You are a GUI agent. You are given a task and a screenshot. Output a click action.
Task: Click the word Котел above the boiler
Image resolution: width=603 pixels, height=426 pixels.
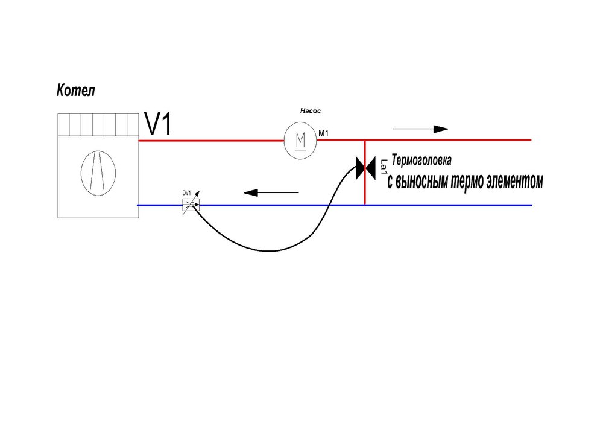coord(76,91)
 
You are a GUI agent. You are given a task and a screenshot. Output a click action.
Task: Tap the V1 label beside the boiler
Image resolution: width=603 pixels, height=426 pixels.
coord(159,124)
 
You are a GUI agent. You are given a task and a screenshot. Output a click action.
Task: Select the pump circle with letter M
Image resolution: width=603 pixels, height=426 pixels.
coord(300,141)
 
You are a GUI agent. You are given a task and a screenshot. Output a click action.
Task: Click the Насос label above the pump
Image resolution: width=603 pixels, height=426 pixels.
coord(312,111)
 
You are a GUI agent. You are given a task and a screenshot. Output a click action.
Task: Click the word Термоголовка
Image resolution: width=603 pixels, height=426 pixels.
coord(421,161)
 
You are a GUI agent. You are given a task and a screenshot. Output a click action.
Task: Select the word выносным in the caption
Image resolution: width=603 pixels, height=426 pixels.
coord(424,182)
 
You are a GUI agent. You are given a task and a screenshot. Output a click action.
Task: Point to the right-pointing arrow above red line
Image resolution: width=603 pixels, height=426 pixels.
coord(420,129)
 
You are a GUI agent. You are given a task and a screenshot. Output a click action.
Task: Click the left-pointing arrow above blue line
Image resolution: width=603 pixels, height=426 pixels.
coord(271,192)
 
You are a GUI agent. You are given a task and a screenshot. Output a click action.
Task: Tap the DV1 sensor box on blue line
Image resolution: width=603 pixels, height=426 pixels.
coord(191,205)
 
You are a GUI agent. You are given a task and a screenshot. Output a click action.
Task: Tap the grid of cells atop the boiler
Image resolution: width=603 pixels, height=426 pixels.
coord(98,125)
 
